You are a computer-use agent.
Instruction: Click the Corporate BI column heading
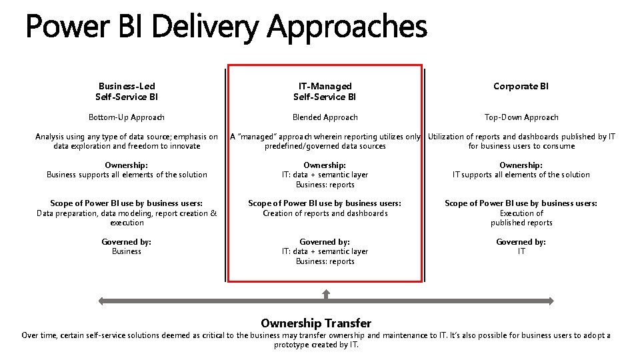point(521,86)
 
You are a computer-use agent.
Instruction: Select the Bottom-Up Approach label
point(127,117)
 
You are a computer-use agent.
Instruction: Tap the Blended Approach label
point(325,117)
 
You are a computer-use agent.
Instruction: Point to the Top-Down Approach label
point(521,117)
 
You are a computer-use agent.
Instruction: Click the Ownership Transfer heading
point(316,323)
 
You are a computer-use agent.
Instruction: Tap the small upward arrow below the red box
point(325,293)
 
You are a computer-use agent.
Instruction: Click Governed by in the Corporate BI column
point(521,242)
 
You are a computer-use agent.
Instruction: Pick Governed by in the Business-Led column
point(127,242)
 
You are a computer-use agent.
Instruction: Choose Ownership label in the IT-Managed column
point(325,165)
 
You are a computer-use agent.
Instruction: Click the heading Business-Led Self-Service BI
point(127,91)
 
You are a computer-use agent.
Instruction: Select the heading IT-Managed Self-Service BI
point(325,91)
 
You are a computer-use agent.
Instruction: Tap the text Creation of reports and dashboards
point(325,213)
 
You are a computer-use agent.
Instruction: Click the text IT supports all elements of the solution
point(521,175)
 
